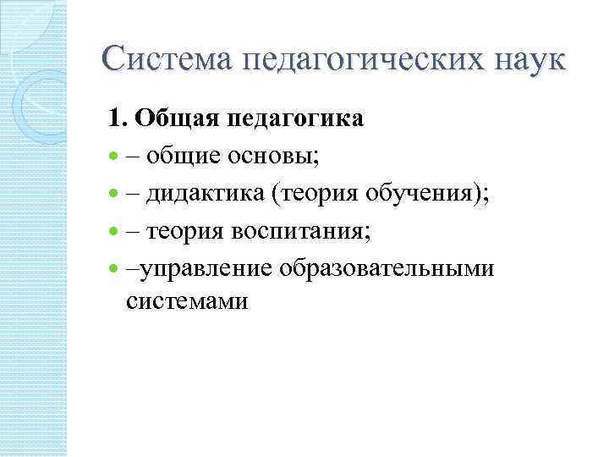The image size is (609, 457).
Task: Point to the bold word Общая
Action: coord(176,118)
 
